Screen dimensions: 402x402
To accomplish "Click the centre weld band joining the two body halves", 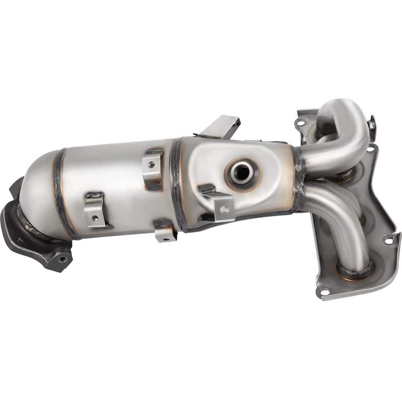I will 177,183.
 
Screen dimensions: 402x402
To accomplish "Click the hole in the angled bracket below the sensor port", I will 226,209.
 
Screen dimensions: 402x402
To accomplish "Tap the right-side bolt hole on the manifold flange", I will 388,241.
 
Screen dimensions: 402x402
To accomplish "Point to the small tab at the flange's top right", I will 372,123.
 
